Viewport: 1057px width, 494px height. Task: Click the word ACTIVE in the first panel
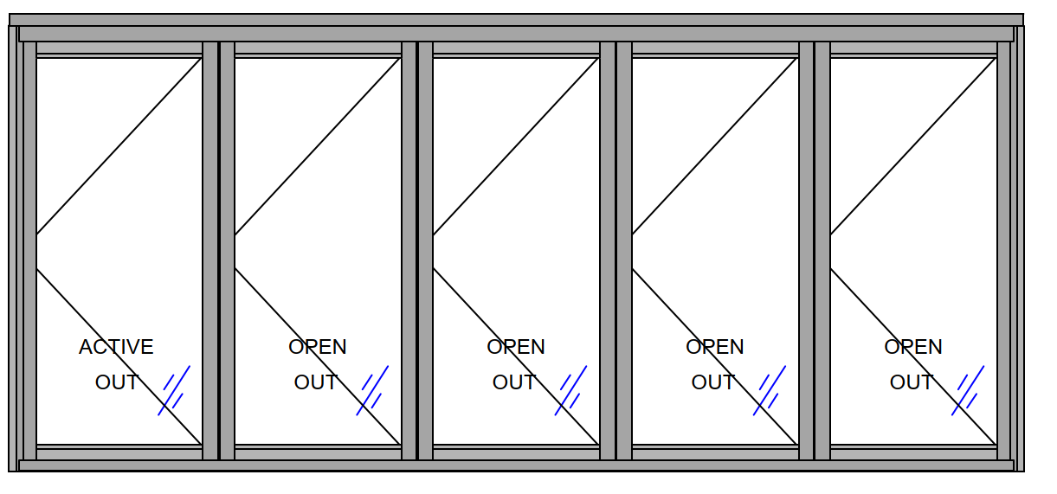pos(116,347)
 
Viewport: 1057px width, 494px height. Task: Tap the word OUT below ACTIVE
pos(117,382)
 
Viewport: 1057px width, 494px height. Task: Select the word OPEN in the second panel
pos(318,347)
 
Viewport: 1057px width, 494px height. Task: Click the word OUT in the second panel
pos(315,382)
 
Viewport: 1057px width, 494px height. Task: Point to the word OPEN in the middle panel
pos(516,347)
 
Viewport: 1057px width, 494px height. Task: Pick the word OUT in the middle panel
pos(514,382)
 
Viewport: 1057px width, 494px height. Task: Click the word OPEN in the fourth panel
pos(715,347)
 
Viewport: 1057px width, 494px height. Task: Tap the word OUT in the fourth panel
pos(712,382)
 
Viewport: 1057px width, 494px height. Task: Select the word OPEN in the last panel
pos(913,347)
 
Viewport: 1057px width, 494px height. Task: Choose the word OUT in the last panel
pos(912,382)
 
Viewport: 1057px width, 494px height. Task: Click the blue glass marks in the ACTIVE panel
pos(174,390)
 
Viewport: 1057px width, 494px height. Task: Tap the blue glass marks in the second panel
pos(373,390)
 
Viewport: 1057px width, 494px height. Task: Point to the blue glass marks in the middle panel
pos(571,390)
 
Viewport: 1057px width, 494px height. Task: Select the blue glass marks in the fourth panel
pos(770,390)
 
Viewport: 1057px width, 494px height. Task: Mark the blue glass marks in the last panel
pos(969,390)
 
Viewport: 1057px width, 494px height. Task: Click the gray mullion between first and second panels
pos(219,251)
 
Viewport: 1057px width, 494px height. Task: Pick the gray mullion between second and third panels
pos(417,251)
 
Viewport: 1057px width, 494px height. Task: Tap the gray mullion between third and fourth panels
pos(616,251)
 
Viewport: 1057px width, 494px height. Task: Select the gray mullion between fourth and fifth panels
pos(815,251)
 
